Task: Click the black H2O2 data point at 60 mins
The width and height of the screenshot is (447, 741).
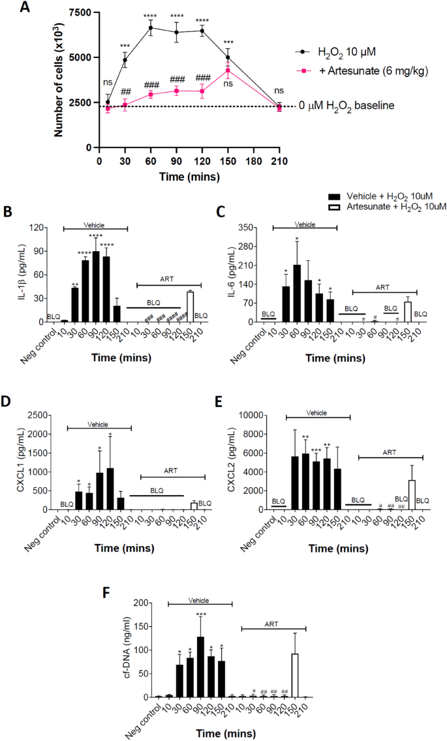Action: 151,27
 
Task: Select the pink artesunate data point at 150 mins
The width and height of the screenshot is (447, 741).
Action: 228,70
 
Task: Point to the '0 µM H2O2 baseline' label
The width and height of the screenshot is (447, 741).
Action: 347,106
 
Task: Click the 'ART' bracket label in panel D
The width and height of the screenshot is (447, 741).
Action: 171,471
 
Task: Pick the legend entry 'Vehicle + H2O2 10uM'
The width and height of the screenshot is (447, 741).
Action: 390,196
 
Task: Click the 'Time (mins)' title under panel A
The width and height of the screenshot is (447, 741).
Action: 189,177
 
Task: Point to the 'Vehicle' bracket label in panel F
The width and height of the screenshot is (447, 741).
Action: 198,601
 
